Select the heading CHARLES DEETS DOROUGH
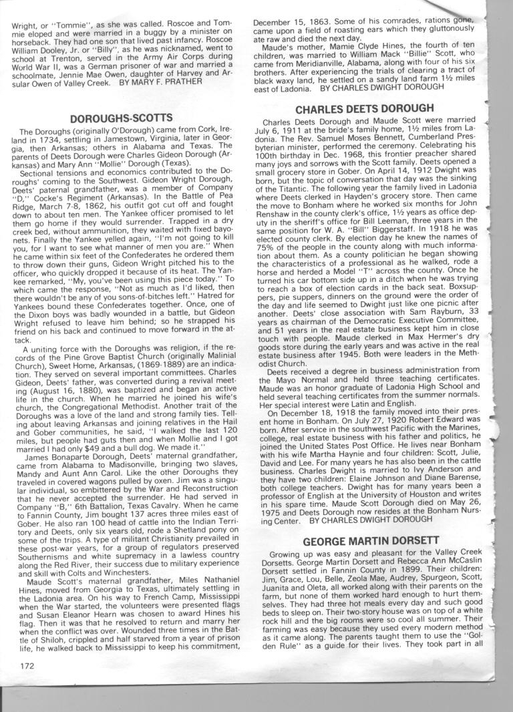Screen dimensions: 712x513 364,108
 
